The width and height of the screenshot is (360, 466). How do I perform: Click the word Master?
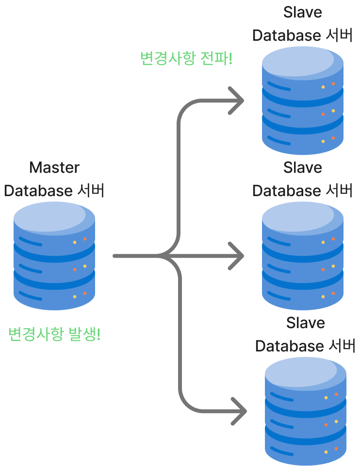54,167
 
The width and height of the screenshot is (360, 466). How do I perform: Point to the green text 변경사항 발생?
54,334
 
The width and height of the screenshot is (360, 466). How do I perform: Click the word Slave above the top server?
303,12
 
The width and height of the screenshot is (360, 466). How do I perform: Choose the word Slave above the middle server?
303,167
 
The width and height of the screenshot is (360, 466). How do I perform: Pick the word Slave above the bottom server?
306,323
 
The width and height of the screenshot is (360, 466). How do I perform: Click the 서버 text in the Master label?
90,190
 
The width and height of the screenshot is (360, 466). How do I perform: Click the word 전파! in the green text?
216,59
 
